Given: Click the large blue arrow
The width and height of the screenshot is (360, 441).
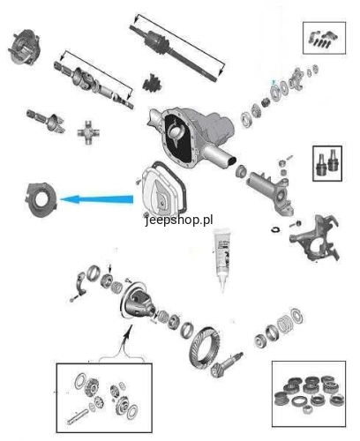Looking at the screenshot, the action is click(96, 199).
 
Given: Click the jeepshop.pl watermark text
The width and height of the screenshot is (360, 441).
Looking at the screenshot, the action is click(179, 220).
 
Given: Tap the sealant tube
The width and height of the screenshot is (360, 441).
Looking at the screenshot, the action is click(223, 259).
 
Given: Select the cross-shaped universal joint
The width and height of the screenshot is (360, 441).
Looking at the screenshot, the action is click(88, 132).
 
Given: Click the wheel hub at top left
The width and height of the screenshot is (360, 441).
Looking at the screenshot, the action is click(24, 47).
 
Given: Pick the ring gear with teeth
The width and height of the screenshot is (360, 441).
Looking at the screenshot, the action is click(204, 348).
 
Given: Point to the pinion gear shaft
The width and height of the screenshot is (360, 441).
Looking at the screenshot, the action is click(227, 365).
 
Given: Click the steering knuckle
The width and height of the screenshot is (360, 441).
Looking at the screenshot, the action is click(315, 238).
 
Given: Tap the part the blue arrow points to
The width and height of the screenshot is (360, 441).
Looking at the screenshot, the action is click(41, 200).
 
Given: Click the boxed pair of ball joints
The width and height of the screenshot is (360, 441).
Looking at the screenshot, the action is click(327, 163).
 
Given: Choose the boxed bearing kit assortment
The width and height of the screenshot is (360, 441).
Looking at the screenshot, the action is click(309, 393).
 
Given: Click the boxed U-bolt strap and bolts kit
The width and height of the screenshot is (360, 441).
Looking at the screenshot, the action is click(324, 38).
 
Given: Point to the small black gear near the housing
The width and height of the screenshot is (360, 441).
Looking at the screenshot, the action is click(153, 83).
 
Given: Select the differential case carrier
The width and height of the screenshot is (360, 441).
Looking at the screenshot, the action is click(138, 301).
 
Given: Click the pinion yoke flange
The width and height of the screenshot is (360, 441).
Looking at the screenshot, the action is click(296, 78).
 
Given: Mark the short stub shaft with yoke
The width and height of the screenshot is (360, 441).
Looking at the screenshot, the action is click(46, 121).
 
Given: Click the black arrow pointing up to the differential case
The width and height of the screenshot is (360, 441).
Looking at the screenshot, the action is click(127, 337).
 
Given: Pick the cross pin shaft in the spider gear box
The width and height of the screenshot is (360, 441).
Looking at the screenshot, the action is click(77, 417).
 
